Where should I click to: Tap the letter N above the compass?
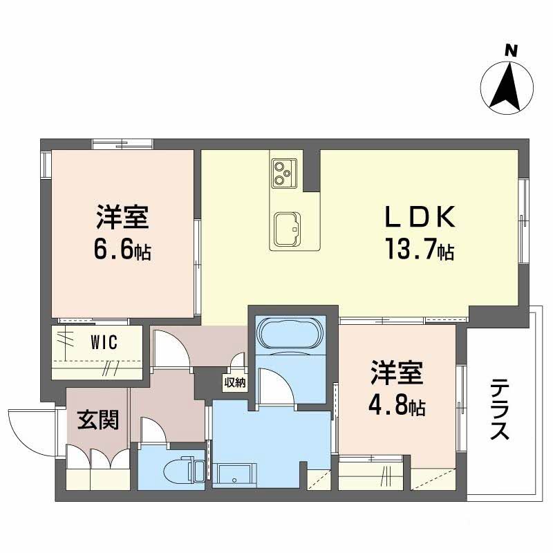pyautogui.click(x=510, y=50)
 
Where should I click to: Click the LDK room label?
pyautogui.click(x=419, y=218)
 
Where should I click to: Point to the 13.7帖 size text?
pyautogui.click(x=420, y=250)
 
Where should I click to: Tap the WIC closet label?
pyautogui.click(x=104, y=341)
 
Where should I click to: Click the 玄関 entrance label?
pyautogui.click(x=97, y=419)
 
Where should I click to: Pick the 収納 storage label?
pyautogui.click(x=233, y=382)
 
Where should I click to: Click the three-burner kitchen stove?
pyautogui.click(x=284, y=172)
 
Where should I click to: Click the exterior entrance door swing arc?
pyautogui.click(x=28, y=427)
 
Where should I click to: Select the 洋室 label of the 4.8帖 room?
pyautogui.click(x=396, y=374)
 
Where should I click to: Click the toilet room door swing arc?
pyautogui.click(x=151, y=429)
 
